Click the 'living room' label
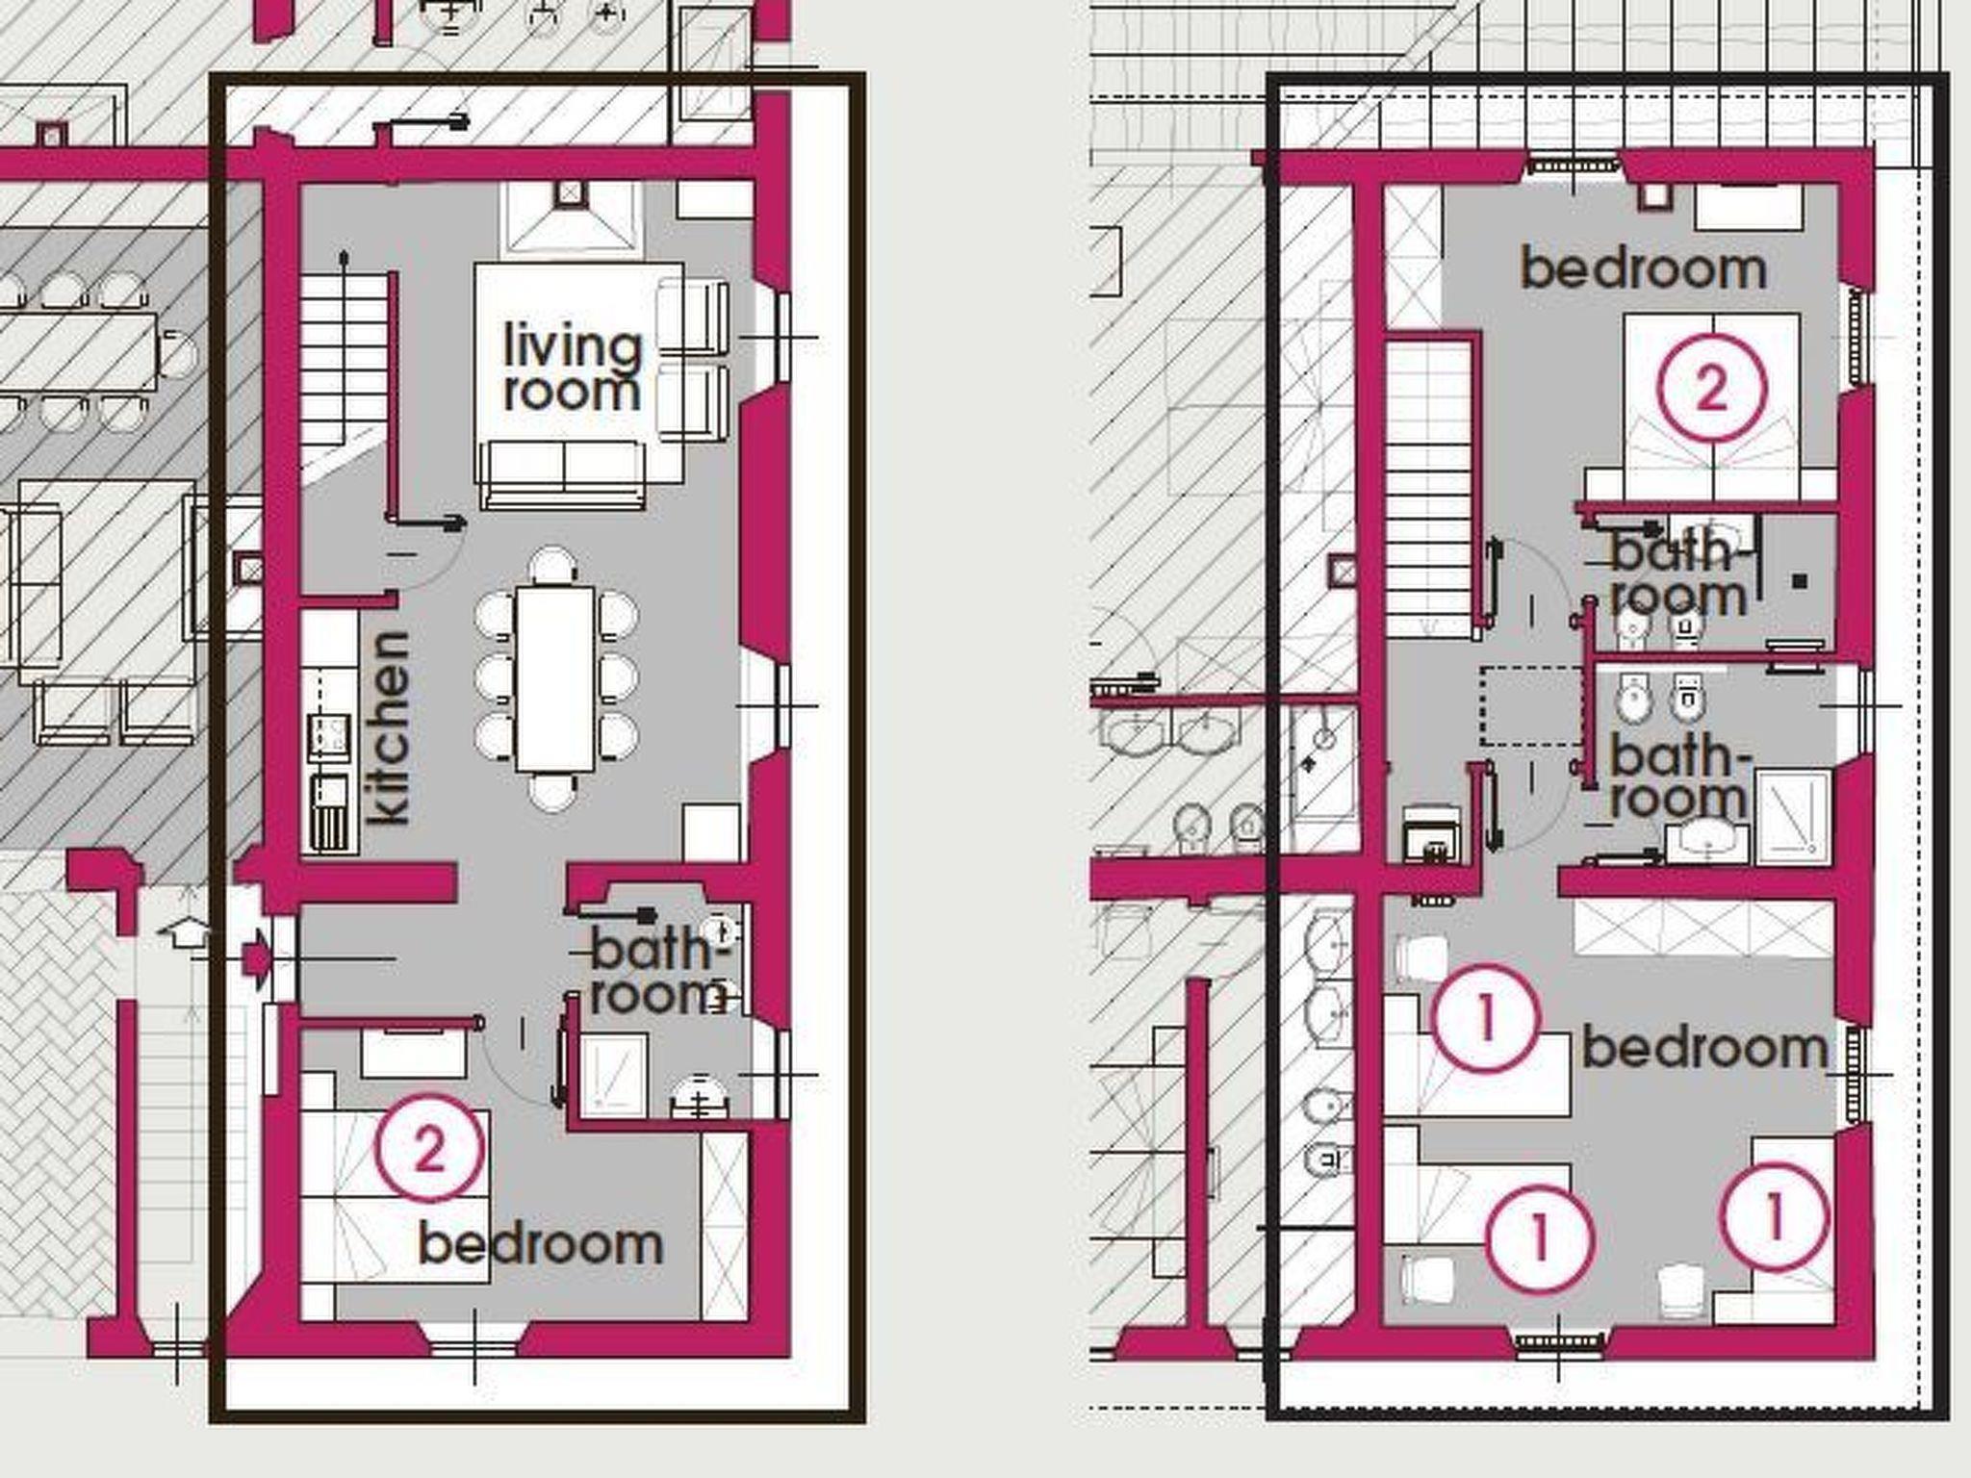tap(572, 369)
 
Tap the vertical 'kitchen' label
tap(389, 728)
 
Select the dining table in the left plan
tap(555, 679)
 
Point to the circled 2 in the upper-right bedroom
tap(1711, 387)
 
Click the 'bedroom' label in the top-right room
tap(1643, 268)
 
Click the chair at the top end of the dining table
tap(553, 566)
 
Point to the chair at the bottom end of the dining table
tap(553, 792)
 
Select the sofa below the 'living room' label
tap(563, 473)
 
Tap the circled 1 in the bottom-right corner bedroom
tap(1773, 1217)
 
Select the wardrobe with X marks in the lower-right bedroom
tap(1704, 930)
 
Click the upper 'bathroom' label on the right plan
tap(1678, 574)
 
